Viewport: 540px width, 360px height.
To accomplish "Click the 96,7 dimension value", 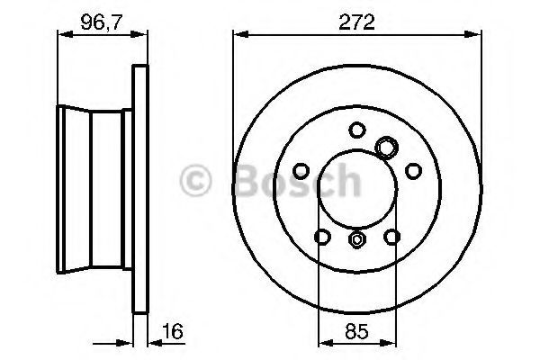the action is (x=101, y=22).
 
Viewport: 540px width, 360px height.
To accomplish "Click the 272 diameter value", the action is (x=356, y=22).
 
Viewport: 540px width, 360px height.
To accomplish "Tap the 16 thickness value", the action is (x=173, y=331).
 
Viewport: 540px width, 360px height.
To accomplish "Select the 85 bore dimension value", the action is (x=356, y=331).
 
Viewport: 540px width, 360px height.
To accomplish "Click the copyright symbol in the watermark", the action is (x=195, y=181).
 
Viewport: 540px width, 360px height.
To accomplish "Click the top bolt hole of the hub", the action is (x=357, y=130).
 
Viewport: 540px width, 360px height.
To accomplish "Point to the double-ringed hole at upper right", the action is (x=386, y=148).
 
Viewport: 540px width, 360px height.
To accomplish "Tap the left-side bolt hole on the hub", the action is (x=301, y=171).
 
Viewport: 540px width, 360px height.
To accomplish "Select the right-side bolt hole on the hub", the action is (x=413, y=171).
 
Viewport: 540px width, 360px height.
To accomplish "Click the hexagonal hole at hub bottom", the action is (x=357, y=238).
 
